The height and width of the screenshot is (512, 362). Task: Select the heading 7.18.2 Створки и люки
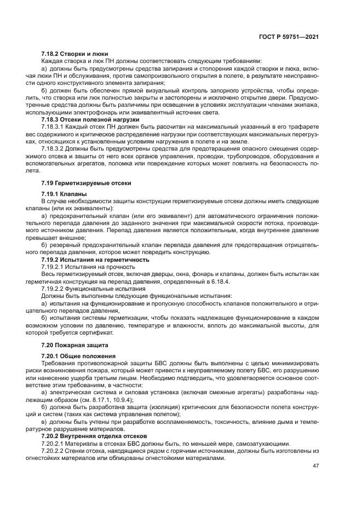pyautogui.click(x=76, y=53)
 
